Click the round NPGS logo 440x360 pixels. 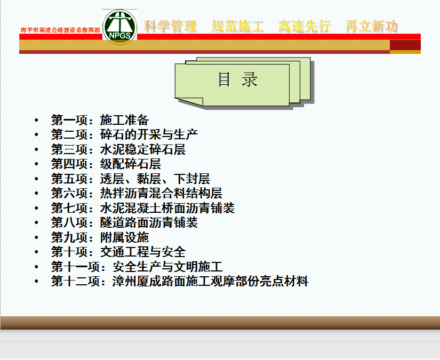pos(120,27)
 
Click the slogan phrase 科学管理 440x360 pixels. pos(170,26)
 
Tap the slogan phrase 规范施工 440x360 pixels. pos(237,26)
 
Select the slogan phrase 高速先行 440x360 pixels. pos(305,26)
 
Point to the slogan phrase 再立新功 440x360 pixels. pos(372,26)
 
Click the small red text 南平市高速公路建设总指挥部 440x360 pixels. pos(60,30)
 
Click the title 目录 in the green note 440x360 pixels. pos(238,79)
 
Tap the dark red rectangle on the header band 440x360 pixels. pos(405,45)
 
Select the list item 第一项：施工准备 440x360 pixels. pos(100,120)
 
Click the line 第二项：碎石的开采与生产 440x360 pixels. pos(124,135)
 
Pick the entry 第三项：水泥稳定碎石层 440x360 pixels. pos(118,149)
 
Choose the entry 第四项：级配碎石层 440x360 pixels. pos(106,164)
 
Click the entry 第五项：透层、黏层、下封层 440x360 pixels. pos(131,179)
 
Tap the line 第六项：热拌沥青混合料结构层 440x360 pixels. pos(137,193)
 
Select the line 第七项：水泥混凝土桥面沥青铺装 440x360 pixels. pos(143,208)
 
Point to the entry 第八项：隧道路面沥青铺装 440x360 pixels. pos(124,222)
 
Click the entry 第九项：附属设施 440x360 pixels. pos(100,237)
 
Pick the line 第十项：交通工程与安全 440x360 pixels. pos(118,252)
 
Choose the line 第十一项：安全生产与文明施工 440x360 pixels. pos(137,267)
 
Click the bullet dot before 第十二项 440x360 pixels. pos(36,282)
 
